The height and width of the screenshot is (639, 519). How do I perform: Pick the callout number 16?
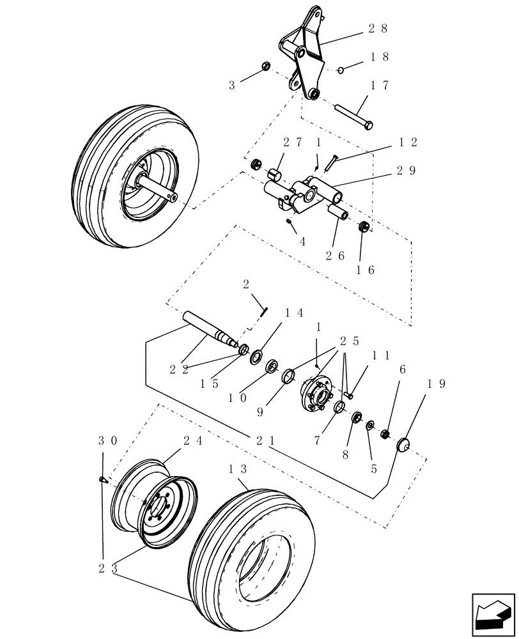[x=365, y=270]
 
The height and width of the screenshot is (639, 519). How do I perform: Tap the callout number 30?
[x=107, y=442]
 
